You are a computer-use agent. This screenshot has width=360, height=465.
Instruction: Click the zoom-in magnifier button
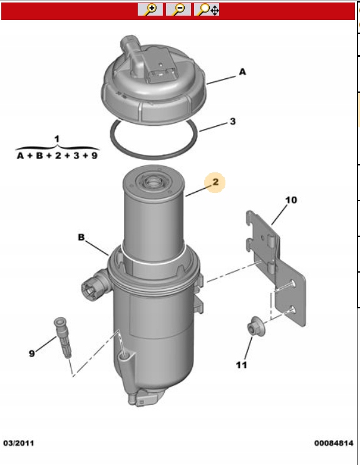[x=150, y=9]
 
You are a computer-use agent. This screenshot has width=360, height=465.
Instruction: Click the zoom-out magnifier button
[x=178, y=9]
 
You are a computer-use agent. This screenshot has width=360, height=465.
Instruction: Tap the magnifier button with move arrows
[x=207, y=9]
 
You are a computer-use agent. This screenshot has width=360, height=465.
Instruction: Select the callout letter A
[x=242, y=72]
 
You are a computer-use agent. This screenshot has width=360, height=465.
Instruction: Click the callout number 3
[x=233, y=122]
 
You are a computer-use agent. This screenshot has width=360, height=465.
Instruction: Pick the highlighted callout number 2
[x=215, y=182]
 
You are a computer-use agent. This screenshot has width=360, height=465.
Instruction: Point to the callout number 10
[x=291, y=200]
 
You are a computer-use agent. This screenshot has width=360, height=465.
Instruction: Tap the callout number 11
[x=241, y=365]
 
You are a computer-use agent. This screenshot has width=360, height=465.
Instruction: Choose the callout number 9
[x=32, y=353]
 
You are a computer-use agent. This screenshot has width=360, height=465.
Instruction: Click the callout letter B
[x=81, y=238]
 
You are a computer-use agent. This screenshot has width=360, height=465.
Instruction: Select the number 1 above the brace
[x=57, y=138]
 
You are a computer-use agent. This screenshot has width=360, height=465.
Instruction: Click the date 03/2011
[x=19, y=443]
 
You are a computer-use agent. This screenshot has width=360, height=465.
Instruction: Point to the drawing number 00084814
[x=334, y=443]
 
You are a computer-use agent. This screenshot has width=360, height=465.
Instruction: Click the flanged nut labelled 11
[x=256, y=327]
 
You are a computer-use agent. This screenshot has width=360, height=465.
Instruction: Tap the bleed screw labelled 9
[x=63, y=338]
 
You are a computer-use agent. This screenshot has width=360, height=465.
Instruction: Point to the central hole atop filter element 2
[x=153, y=182]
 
